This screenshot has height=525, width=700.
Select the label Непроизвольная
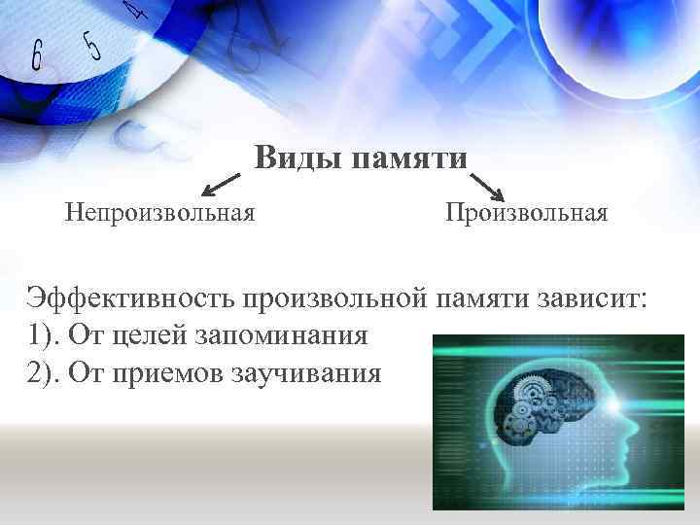(x=160, y=211)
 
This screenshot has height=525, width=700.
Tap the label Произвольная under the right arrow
(x=527, y=211)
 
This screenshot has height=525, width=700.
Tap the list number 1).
(x=40, y=335)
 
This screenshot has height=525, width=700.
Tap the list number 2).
(x=40, y=372)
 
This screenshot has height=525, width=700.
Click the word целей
(x=154, y=335)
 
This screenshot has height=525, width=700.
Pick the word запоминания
(x=282, y=335)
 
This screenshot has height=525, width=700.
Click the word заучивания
(x=309, y=372)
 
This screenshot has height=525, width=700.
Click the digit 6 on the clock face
(x=37, y=56)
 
